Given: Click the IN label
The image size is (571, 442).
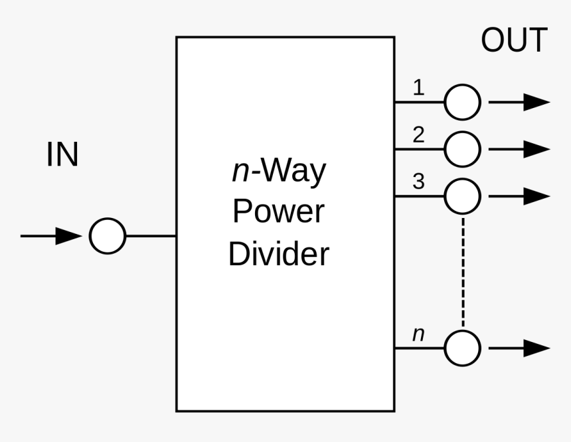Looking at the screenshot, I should (62, 156).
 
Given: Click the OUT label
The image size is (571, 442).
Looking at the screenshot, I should (514, 41).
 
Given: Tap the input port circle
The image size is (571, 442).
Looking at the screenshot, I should (108, 235).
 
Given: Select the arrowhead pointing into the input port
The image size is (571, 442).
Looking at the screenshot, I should (69, 235).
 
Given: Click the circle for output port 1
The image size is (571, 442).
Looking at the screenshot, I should (462, 102).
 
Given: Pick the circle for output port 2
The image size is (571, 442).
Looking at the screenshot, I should (462, 149).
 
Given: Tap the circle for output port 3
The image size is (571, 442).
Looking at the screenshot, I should (462, 196).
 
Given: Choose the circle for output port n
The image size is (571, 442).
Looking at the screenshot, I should (462, 348).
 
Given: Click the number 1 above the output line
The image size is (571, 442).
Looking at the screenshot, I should (418, 87).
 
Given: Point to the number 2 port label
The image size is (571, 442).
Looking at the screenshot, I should (418, 135).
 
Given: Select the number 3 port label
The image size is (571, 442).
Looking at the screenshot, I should (418, 182).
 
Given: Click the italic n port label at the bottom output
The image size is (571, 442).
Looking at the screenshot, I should (418, 335).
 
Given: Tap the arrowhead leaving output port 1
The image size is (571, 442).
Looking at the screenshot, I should (536, 102).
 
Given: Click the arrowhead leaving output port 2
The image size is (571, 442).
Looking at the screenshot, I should (536, 149).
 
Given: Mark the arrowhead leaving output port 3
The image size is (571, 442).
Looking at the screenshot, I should (536, 196).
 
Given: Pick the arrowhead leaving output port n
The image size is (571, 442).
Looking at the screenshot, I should (536, 348).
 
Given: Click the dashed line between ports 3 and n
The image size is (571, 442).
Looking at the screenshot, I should (463, 272).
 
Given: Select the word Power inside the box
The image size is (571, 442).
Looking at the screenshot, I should (278, 213).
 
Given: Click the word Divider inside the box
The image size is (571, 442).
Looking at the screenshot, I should (278, 254).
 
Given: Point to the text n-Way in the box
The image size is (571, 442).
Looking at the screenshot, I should (278, 172).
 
